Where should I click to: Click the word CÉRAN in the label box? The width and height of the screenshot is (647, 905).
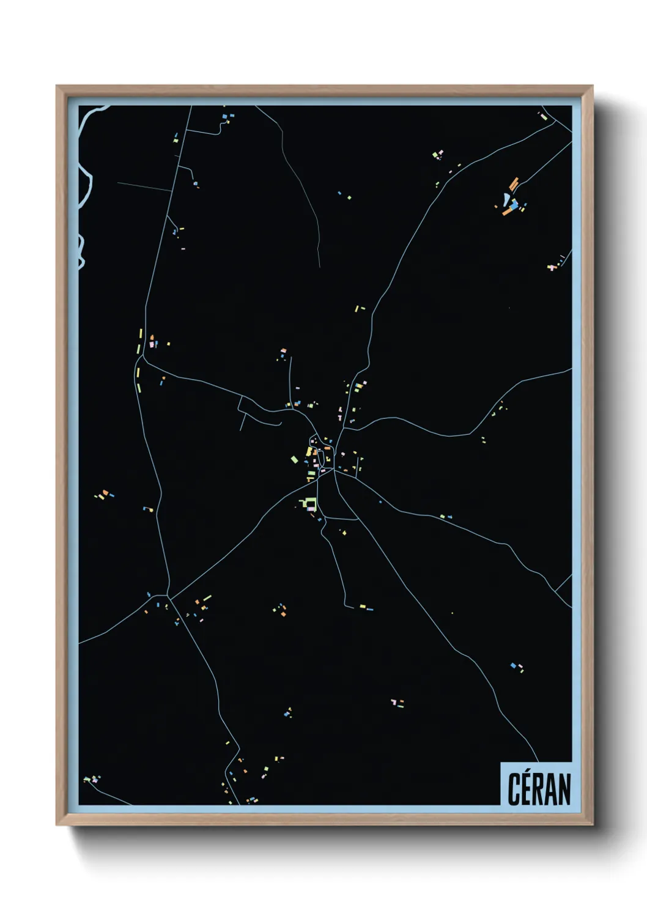pos(539,789)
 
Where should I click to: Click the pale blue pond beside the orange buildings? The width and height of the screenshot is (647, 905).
pos(506,199)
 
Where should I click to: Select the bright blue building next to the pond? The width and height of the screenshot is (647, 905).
pos(515,202)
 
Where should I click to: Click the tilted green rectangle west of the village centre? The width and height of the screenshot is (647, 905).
pos(294,459)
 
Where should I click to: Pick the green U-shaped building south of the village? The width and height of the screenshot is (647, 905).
pos(309,504)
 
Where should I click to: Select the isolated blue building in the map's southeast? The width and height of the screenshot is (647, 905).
pos(512,665)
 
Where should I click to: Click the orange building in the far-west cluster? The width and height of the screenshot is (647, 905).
pos(105,492)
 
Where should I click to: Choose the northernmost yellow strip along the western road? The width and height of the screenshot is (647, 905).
pos(141,334)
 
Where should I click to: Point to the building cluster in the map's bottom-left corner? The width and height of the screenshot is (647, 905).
pos(91,780)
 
